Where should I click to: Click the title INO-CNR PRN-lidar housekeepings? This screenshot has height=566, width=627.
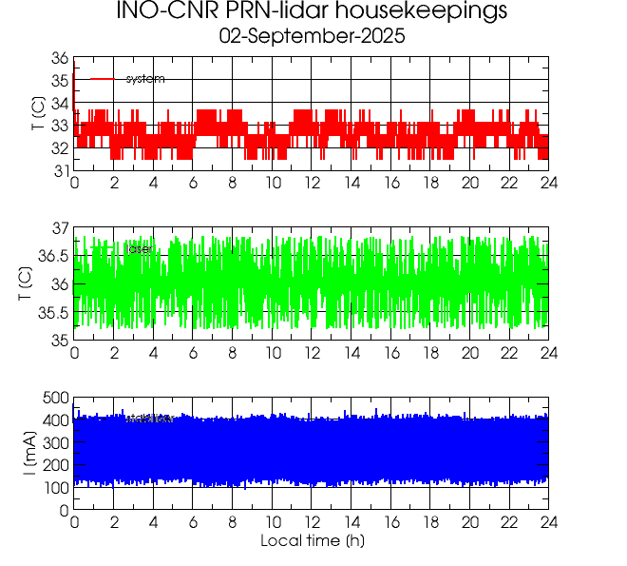[x=312, y=12]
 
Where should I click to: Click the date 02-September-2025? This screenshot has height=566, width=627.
[x=312, y=37]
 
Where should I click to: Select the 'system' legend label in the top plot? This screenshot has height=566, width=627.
[x=145, y=79]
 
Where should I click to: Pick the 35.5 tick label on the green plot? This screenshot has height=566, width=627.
[x=53, y=313]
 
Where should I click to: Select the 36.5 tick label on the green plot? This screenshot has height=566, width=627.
[x=53, y=257]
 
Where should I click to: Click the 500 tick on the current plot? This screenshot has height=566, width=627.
[x=55, y=398]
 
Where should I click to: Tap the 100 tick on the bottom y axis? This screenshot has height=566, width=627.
[x=55, y=488]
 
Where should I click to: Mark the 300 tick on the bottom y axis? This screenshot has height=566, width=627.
[x=55, y=442]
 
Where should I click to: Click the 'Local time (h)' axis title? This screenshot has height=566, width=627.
[x=312, y=541]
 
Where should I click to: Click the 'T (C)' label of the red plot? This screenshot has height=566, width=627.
[x=36, y=114]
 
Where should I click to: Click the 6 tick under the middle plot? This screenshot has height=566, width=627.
[x=193, y=353]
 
